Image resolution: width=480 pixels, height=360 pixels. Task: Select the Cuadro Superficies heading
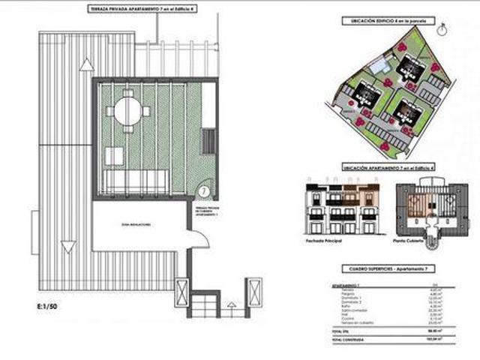click(388, 268)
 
